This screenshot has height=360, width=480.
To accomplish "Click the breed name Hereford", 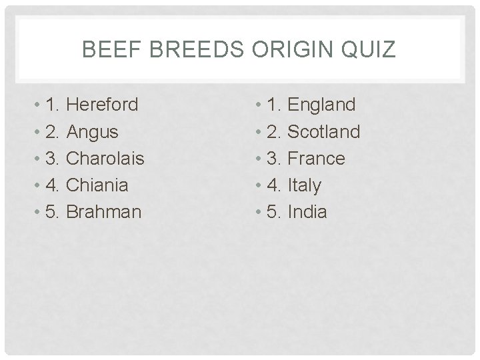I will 103,105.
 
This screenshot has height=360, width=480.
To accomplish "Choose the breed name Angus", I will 93,132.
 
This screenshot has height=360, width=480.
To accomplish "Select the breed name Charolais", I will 106,159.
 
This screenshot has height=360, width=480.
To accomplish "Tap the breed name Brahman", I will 105,212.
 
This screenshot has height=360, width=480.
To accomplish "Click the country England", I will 321,105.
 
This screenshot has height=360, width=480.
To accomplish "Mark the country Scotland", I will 323,132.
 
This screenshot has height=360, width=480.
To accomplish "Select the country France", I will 316,159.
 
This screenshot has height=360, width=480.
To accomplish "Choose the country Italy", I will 304,185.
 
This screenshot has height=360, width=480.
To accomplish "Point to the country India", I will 307,212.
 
